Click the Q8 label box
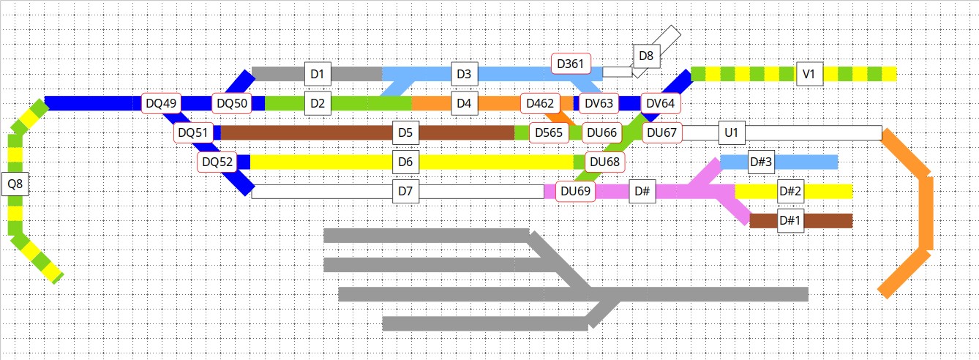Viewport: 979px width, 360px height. (15, 184)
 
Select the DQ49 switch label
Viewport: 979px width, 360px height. (161, 103)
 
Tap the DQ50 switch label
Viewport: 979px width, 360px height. (232, 103)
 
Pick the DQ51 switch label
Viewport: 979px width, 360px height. (193, 132)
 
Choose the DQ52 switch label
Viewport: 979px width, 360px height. (217, 162)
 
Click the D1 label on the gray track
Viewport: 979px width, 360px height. (317, 74)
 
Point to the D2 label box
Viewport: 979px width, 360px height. (317, 103)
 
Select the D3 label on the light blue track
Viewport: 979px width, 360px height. (463, 74)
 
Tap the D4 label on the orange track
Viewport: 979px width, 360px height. (463, 103)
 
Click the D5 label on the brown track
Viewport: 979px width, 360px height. (405, 132)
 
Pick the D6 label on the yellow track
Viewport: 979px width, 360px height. (405, 162)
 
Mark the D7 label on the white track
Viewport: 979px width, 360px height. (405, 192)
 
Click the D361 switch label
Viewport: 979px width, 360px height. (571, 64)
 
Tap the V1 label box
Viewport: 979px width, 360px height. (809, 74)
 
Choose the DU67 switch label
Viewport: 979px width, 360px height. (661, 132)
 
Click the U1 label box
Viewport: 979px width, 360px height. (730, 132)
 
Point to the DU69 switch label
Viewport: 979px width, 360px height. (575, 192)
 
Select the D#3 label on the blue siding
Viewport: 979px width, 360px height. (761, 162)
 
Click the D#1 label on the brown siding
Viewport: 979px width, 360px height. (789, 220)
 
